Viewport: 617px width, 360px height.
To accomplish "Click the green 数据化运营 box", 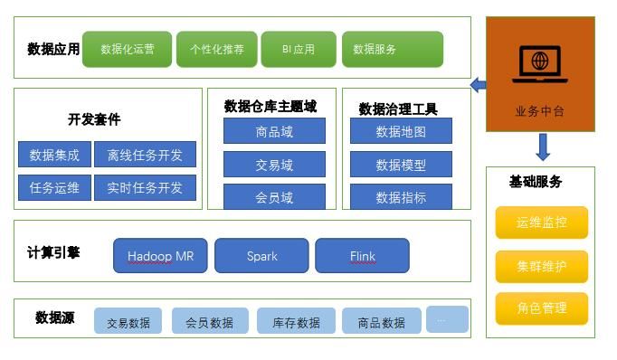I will tap(127, 50).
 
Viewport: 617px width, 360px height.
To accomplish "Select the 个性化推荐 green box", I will tap(216, 50).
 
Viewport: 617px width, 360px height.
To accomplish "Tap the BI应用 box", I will tap(298, 50).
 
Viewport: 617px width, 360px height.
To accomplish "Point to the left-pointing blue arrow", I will tap(478, 86).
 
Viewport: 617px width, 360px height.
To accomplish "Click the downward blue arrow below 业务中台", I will tap(542, 147).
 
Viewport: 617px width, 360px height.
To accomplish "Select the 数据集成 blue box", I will tap(54, 156).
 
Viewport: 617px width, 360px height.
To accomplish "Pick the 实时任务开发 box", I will tap(144, 188).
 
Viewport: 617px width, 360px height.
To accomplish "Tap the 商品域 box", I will tap(274, 132).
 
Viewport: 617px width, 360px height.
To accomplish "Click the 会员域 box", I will tap(274, 196).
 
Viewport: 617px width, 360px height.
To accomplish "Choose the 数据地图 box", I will tap(401, 132).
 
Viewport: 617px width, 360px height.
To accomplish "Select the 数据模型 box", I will tap(401, 165).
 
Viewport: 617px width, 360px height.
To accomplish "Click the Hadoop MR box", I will tap(160, 256).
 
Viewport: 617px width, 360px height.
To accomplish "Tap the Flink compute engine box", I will tap(362, 256).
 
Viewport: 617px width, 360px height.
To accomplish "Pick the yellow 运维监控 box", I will tap(541, 223).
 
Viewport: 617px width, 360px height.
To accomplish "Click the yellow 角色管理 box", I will tap(541, 308).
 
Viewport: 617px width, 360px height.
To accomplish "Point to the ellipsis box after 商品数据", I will tap(447, 319).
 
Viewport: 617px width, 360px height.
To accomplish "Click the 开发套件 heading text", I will tap(94, 119).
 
